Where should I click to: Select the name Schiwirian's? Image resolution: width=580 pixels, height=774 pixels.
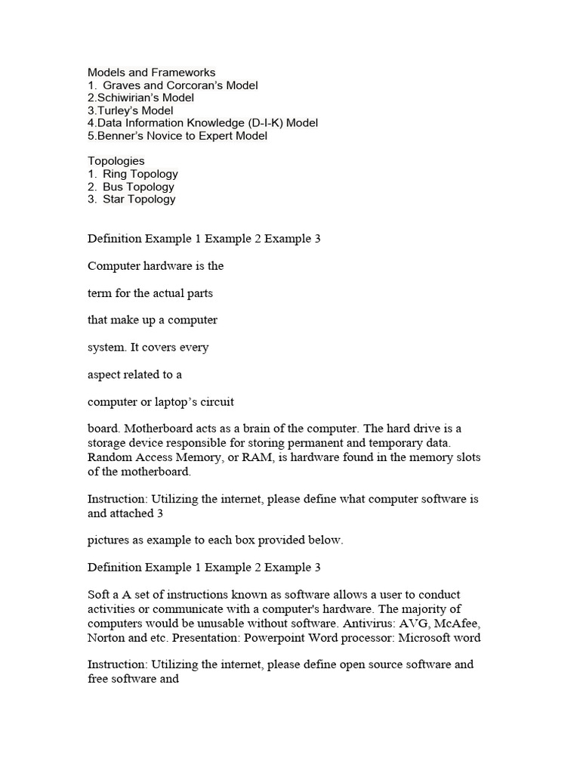tap(131, 98)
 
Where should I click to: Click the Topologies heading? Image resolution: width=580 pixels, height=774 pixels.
tap(116, 161)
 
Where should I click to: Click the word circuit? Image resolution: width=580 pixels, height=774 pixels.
tap(217, 402)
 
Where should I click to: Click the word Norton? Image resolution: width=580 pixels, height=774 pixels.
tap(106, 637)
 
